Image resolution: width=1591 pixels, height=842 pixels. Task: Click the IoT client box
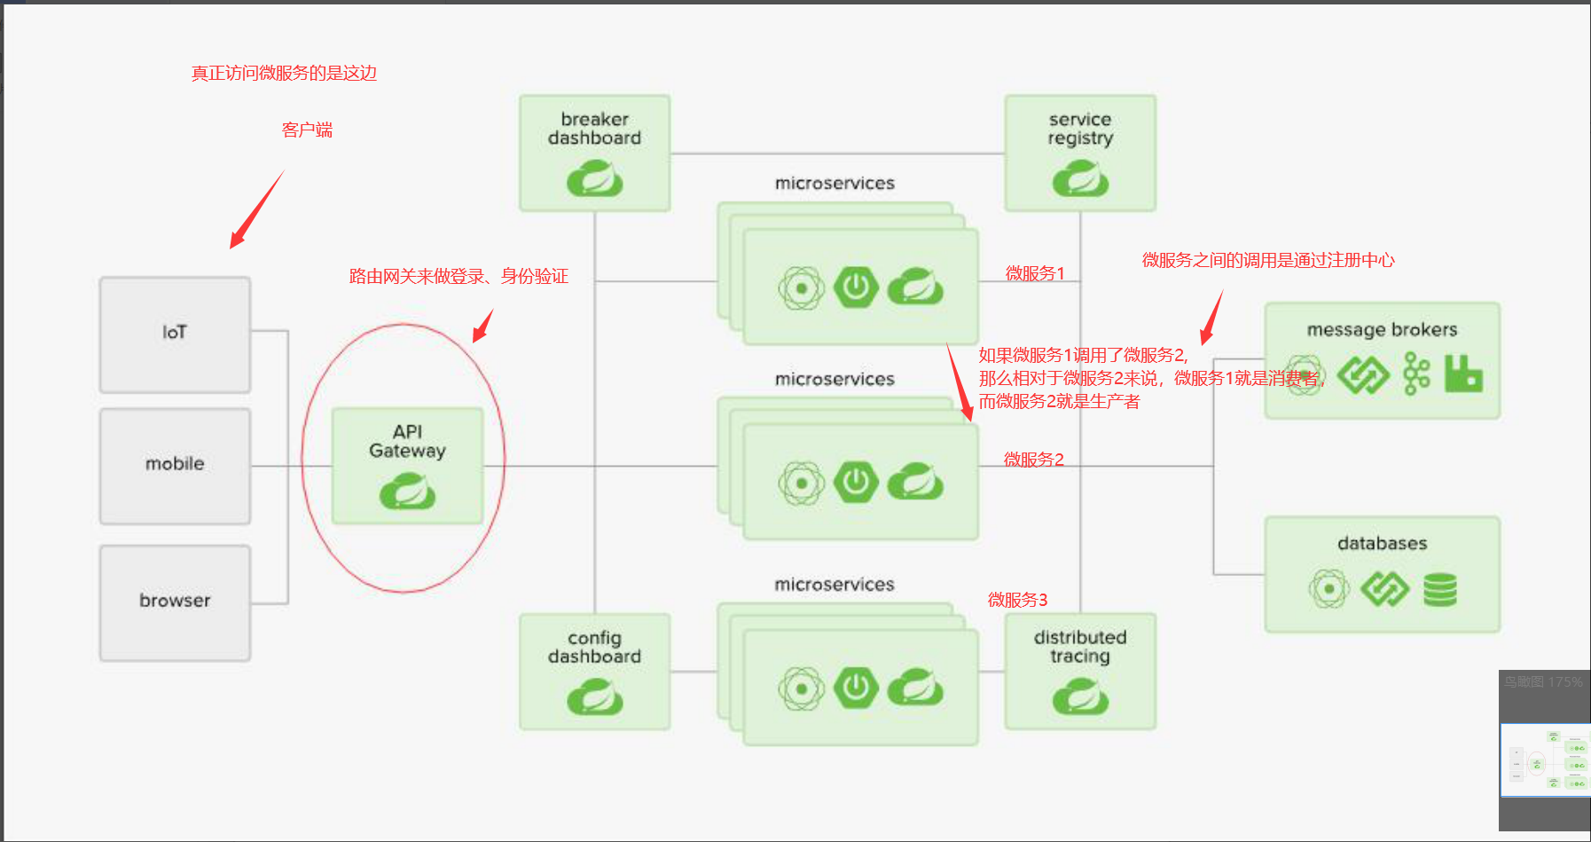[x=175, y=334]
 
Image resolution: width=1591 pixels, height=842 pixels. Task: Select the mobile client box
[x=175, y=465]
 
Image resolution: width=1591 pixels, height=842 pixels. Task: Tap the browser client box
[x=175, y=602]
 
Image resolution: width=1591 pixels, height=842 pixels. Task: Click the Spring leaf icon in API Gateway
[x=407, y=491]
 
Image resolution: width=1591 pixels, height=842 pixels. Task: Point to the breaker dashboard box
[x=594, y=153]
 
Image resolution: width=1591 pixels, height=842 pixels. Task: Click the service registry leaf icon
[x=1079, y=178]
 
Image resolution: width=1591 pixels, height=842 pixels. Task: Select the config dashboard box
[x=594, y=672]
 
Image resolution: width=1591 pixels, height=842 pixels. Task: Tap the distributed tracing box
[x=1079, y=672]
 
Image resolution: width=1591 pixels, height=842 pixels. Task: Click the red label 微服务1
[x=1034, y=273]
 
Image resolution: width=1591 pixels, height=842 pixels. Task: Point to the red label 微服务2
[x=1033, y=460]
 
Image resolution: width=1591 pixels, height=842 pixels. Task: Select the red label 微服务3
[x=1017, y=600]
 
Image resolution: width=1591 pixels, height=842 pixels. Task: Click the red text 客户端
[x=307, y=130]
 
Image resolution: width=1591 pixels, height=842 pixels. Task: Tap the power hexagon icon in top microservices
[x=856, y=287]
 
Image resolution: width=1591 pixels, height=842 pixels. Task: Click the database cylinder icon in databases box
[x=1439, y=589]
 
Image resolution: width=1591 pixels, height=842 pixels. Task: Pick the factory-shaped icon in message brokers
[x=1462, y=374]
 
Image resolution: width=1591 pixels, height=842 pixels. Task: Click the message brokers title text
[x=1381, y=330]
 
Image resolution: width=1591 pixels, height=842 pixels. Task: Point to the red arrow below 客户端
[x=256, y=210]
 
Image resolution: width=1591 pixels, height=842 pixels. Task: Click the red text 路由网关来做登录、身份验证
[x=458, y=277]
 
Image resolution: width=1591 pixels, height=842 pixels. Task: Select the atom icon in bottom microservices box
[x=801, y=689]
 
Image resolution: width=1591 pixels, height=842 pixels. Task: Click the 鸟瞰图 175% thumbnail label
[x=1542, y=682]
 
